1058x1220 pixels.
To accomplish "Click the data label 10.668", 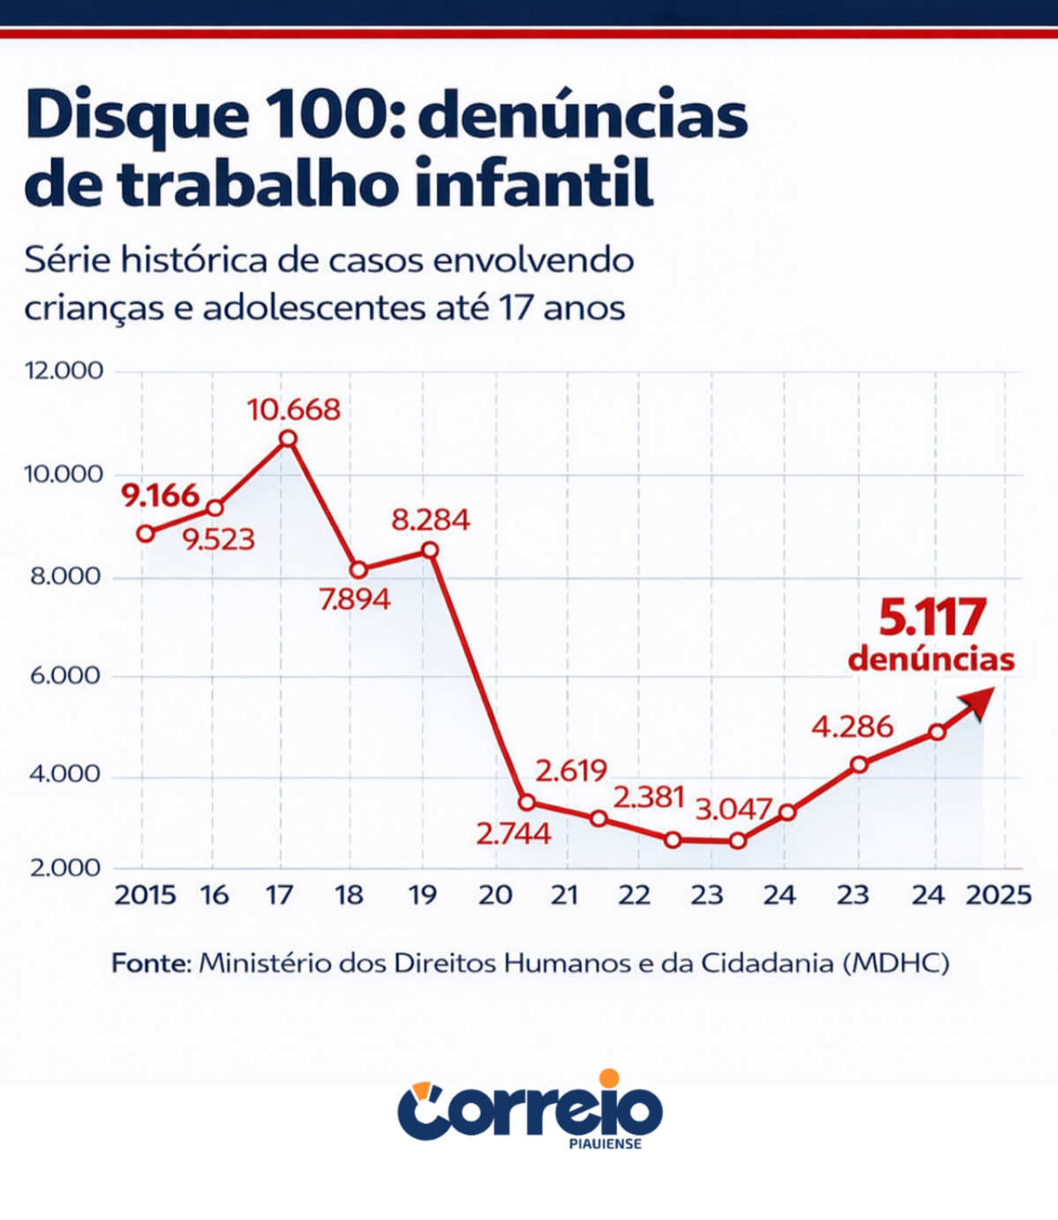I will pos(293,410).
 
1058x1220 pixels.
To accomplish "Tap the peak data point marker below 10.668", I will pos(287,439).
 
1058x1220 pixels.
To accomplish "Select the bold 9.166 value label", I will pos(160,495).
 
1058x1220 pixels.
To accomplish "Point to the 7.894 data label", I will pos(354,599).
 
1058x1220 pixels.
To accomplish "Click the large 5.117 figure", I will pos(932,618).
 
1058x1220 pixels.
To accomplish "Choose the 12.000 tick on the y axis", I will pos(63,370).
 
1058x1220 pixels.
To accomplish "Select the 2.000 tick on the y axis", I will pos(65,868).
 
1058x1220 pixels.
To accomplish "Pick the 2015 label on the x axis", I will pos(145,896).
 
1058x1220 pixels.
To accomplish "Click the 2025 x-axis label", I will pos(998,896).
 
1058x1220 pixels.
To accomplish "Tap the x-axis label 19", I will pos(422,896).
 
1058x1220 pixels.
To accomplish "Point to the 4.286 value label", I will pos(852,727).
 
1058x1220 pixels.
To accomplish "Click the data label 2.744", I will pos(513,834).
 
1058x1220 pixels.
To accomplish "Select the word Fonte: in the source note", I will pos(151,963).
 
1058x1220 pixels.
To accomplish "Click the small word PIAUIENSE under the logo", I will pos(605,1144).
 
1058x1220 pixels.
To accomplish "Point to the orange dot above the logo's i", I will pos(608,1078).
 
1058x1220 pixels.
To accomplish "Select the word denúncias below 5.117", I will pos(931,659).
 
